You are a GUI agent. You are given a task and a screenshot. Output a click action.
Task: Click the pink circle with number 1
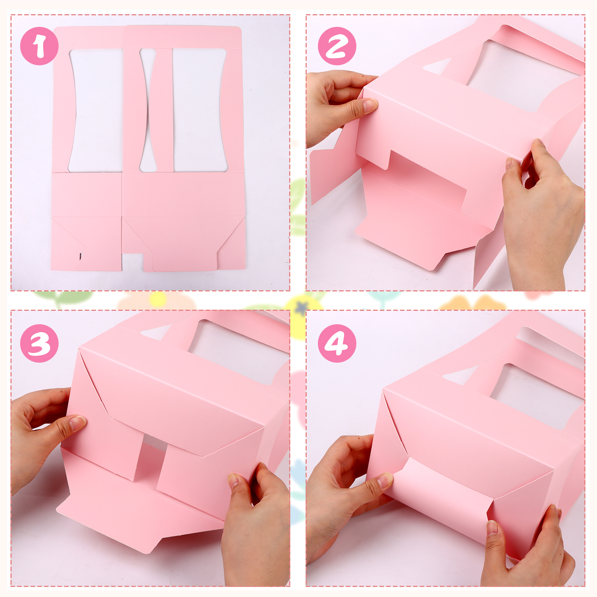(x=39, y=46)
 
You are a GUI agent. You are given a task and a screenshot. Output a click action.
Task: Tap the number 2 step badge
(x=337, y=46)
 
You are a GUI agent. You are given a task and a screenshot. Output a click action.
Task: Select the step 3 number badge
(x=39, y=343)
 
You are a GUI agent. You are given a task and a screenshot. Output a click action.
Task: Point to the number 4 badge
(x=337, y=343)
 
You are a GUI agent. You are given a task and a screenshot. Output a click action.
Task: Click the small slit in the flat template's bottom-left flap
(x=81, y=256)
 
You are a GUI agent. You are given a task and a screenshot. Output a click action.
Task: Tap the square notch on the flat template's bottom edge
(x=132, y=262)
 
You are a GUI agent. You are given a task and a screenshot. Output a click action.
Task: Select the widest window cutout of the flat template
(x=200, y=110)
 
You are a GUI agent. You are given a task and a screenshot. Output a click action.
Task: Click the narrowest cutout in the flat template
(x=148, y=110)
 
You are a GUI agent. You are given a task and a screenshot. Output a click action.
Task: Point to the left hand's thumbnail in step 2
(x=371, y=105)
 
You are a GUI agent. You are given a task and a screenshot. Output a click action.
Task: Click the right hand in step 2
(x=543, y=213)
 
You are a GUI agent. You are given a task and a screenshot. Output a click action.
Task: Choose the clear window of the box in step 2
(x=522, y=75)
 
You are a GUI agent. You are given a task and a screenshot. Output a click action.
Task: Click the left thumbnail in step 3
(x=77, y=423)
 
